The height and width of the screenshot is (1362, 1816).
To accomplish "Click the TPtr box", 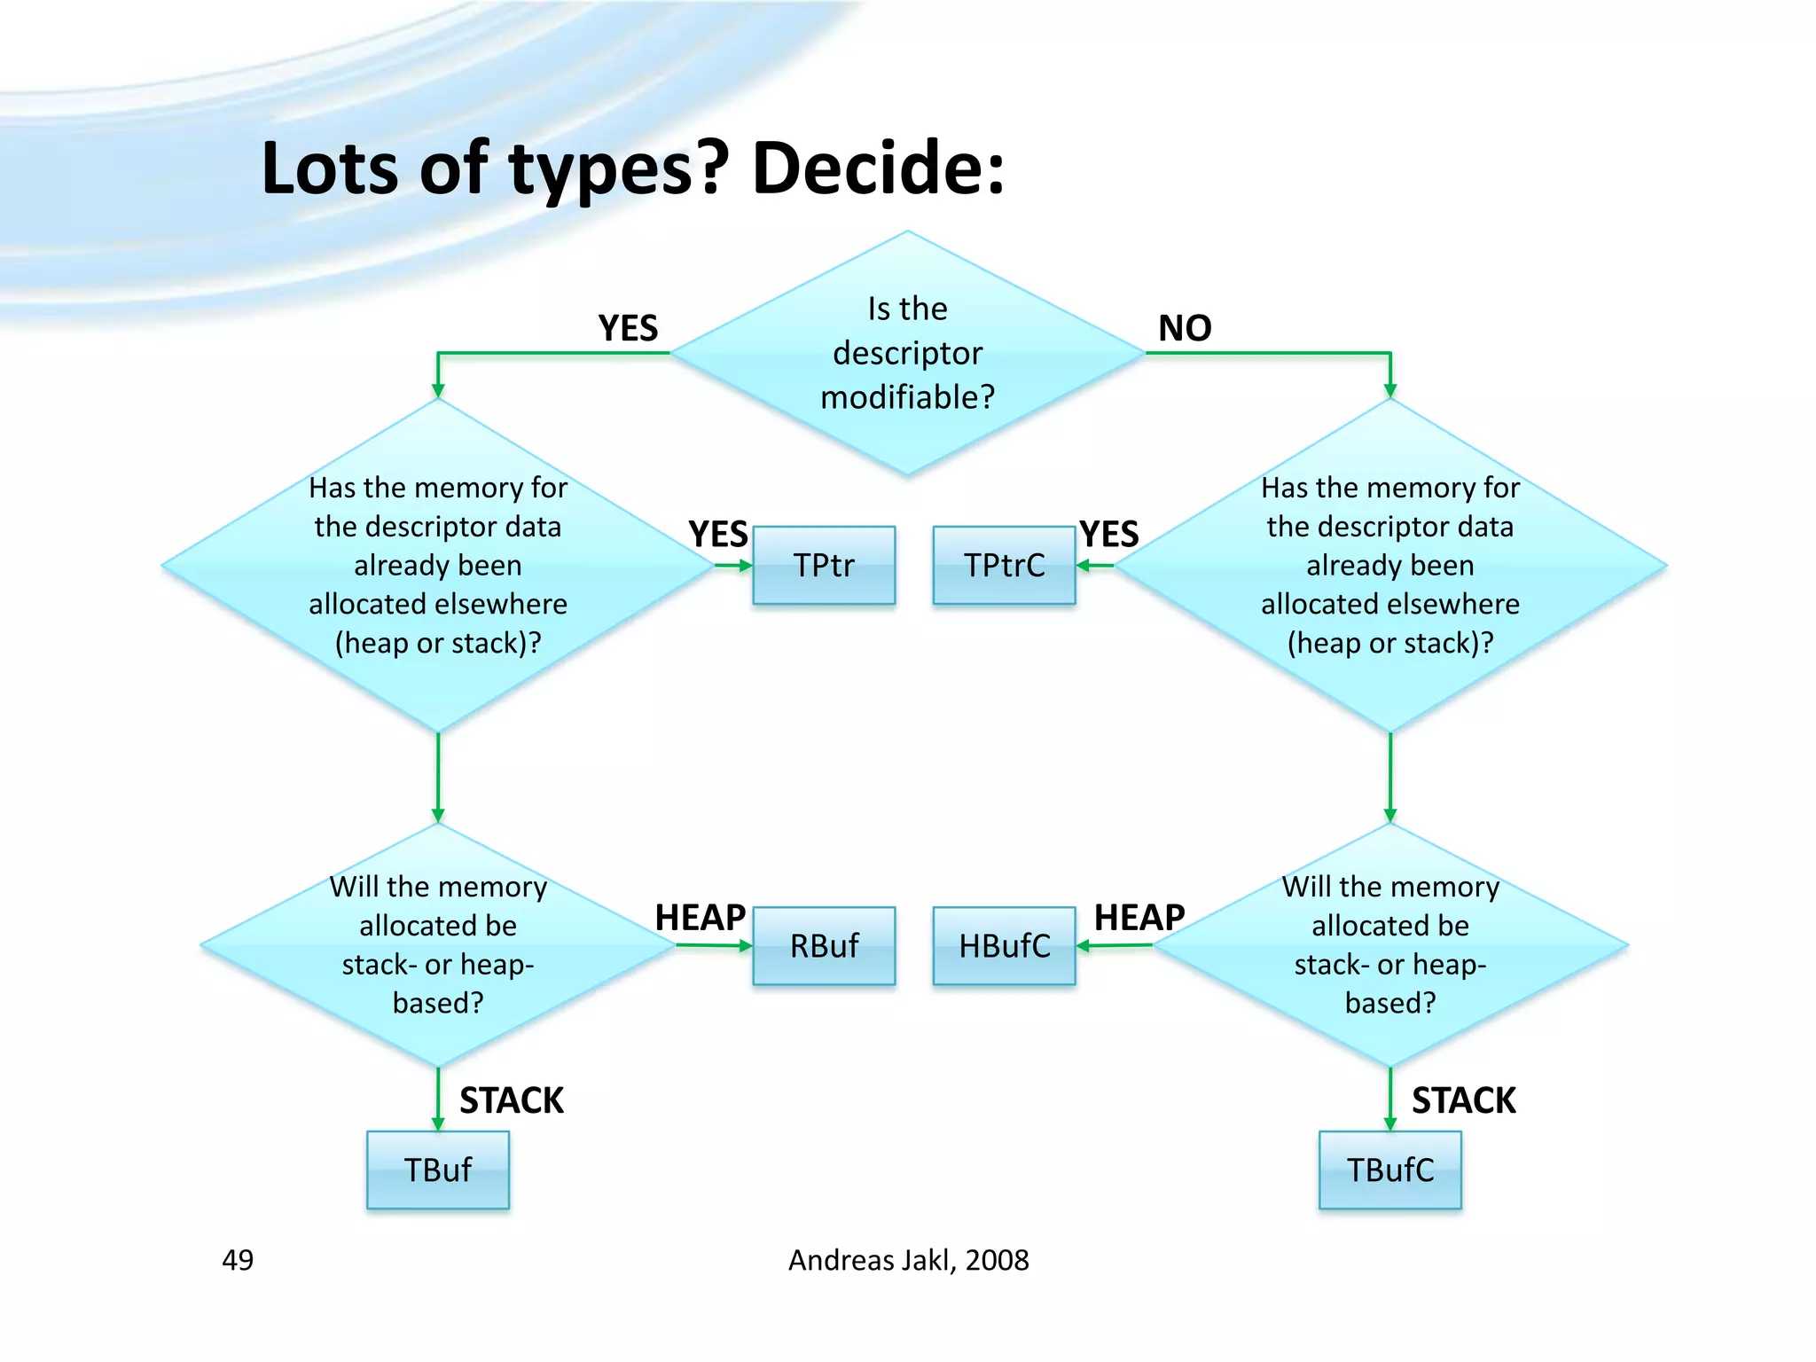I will (x=824, y=565).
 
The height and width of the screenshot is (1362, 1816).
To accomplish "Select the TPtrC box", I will (x=1004, y=565).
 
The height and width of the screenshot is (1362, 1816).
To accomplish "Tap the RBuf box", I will (x=824, y=945).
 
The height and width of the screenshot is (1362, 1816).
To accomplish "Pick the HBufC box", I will (x=1004, y=945).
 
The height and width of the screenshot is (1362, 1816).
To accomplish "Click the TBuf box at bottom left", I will (x=438, y=1170).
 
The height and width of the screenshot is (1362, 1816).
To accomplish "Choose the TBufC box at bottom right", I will (x=1389, y=1170).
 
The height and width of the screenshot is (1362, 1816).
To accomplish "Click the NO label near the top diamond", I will (x=1185, y=329).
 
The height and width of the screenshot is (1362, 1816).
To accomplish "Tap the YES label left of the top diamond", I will (x=628, y=329).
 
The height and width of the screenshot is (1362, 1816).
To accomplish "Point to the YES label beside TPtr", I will (x=718, y=535).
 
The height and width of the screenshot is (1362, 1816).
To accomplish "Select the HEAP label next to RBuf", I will (x=701, y=918).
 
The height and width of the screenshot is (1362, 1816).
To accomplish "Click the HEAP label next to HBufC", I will (x=1139, y=918).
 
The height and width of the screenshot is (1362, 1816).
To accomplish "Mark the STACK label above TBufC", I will (x=1463, y=1100).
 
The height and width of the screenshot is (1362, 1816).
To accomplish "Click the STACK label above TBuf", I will (x=512, y=1100).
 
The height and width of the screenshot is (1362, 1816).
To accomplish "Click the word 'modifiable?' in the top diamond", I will (x=907, y=397).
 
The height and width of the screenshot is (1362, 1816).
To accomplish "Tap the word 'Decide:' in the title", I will (x=878, y=168).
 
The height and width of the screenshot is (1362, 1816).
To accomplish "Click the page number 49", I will (x=238, y=1260).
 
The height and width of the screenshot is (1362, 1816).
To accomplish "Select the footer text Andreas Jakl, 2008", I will (x=908, y=1260).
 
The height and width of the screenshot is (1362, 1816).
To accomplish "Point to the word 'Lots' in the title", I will (x=329, y=168).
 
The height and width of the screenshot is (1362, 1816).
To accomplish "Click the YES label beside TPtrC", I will (x=1109, y=535).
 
